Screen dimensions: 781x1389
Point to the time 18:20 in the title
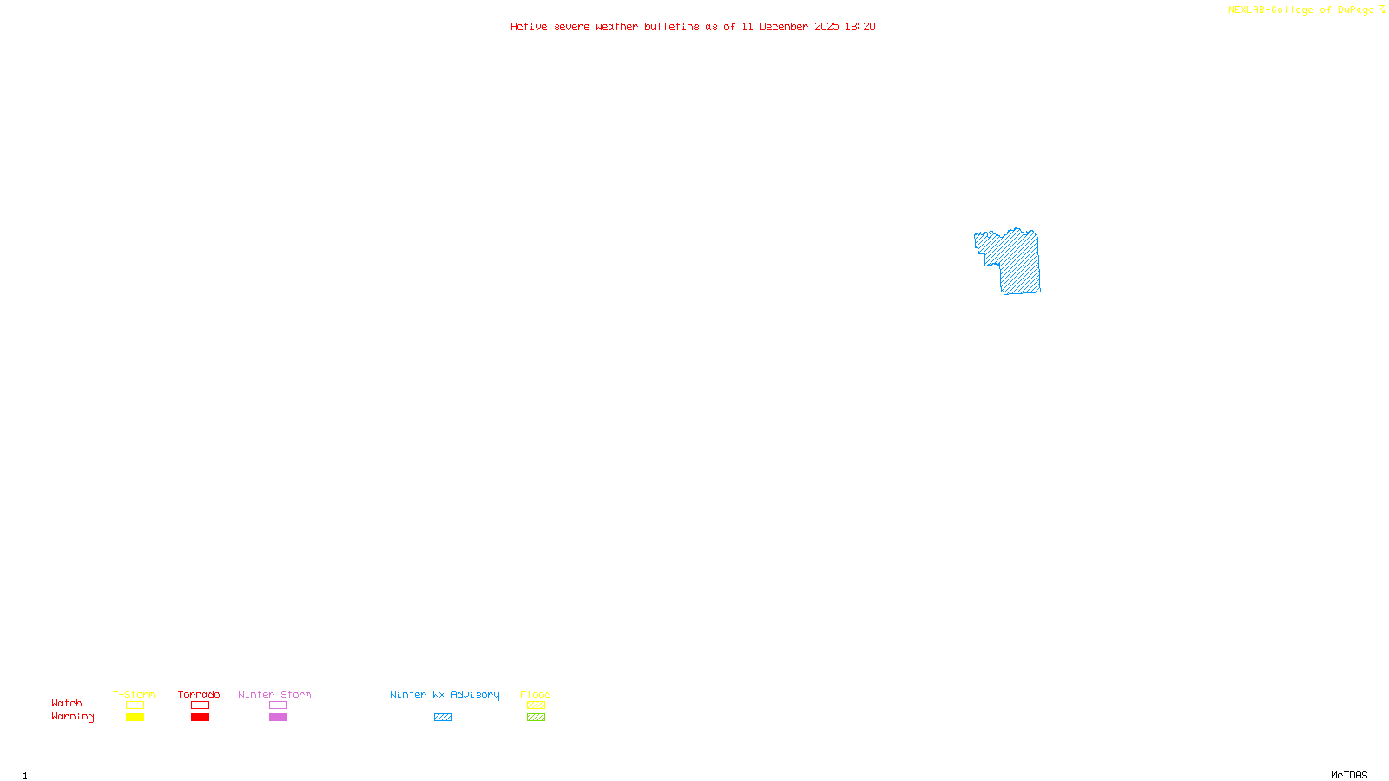pos(859,27)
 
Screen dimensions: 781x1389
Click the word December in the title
pos(784,27)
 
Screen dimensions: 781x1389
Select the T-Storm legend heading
pos(134,694)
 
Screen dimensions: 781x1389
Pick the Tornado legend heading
pos(199,694)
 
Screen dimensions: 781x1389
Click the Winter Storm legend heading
pos(274,694)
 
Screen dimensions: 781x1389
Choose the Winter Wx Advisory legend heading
pos(444,694)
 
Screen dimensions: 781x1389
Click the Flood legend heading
pos(536,694)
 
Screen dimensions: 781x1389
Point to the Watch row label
pos(67,704)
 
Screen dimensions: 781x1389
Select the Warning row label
pos(73,717)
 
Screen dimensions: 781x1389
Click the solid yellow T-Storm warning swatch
pos(135,718)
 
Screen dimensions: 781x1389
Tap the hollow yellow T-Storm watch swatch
pos(135,706)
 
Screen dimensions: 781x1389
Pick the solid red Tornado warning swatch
pos(200,718)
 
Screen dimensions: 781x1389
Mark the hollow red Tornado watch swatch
pos(200,706)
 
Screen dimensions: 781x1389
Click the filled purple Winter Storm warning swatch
pos(278,718)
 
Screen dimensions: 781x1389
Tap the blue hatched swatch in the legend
pos(443,718)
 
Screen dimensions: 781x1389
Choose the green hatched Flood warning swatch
pos(536,718)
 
